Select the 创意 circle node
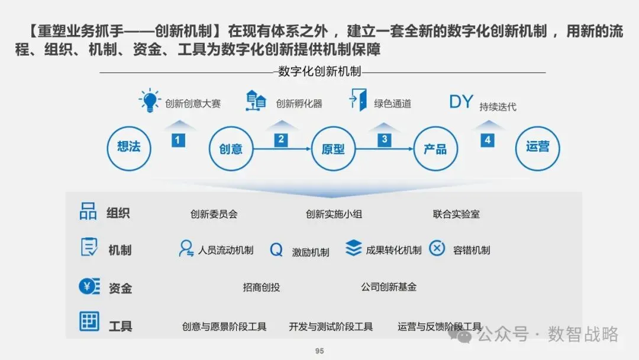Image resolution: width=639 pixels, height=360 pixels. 231,149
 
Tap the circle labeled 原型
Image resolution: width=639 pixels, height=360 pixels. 333,149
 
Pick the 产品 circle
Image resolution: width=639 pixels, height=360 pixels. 435,149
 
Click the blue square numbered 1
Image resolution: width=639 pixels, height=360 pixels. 178,140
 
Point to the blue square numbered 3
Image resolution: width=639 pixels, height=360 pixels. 385,140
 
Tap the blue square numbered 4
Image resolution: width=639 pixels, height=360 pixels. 487,140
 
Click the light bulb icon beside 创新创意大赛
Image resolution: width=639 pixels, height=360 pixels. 150,101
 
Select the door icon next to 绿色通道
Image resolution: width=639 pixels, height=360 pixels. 358,99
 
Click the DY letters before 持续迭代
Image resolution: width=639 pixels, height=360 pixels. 461,102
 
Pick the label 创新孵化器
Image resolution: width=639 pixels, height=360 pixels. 299,104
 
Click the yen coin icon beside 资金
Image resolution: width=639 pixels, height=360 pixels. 89,287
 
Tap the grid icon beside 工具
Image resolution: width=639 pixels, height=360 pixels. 89,322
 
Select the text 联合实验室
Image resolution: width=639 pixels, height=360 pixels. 456,214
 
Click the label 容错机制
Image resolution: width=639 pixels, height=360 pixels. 471,250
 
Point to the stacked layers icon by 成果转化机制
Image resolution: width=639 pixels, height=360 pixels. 353,248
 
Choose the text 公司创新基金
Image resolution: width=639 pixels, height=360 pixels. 389,287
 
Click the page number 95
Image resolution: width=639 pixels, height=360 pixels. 319,351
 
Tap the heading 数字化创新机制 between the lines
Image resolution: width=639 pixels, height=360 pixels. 319,72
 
